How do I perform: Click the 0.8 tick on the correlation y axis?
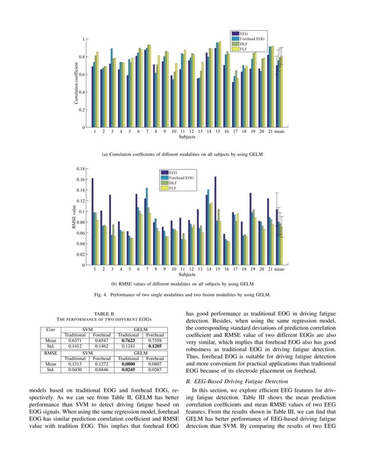(x=82, y=57)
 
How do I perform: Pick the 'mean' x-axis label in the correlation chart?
(x=279, y=132)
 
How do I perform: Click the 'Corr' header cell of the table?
(x=51, y=329)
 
